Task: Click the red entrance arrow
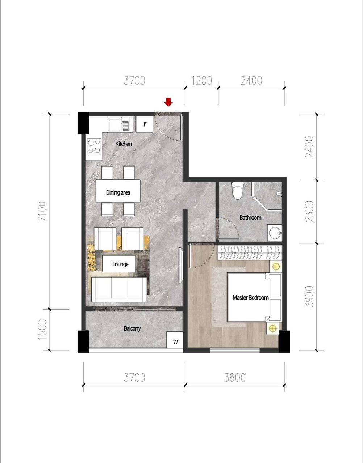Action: click(x=168, y=102)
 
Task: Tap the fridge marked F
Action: click(x=145, y=124)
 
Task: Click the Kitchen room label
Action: click(x=123, y=144)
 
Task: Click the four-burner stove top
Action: click(x=94, y=146)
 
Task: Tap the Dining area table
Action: click(x=118, y=191)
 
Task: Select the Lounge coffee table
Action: click(x=119, y=264)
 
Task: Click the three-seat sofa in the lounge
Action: click(x=119, y=290)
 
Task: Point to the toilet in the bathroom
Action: click(x=237, y=191)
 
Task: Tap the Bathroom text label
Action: click(x=250, y=217)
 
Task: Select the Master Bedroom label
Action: click(x=251, y=297)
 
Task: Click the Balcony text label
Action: click(x=132, y=328)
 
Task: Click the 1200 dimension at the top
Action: click(x=201, y=81)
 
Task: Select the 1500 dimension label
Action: click(x=42, y=330)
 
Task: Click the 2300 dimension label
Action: click(x=309, y=211)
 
